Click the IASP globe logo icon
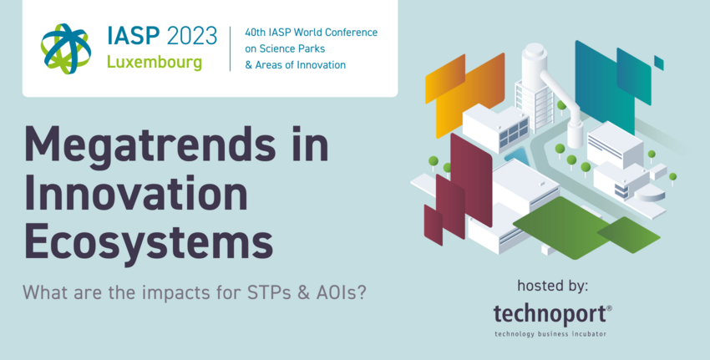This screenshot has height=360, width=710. pos(66,48)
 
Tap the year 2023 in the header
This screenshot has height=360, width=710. pos(192,36)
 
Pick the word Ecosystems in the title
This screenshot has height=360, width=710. pos(149,240)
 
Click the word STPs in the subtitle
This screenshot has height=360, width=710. pos(260,293)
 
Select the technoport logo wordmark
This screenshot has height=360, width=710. pos(552,314)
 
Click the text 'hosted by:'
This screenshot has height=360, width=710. pos(552,286)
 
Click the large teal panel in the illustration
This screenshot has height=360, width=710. pos(605,86)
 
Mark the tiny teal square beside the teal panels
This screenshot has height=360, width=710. pos(659,63)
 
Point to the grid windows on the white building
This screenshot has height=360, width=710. pos(514,134)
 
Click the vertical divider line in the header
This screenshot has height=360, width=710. pos(230,49)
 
